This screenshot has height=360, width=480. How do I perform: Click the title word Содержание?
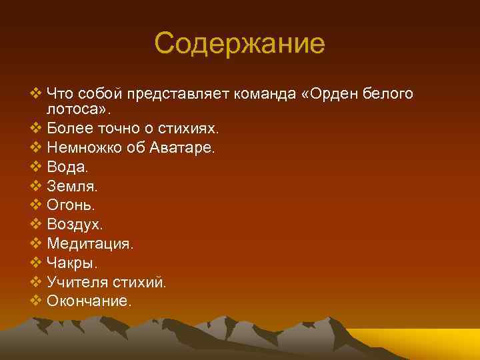(x=239, y=45)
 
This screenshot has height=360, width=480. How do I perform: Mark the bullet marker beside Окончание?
(x=36, y=301)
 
